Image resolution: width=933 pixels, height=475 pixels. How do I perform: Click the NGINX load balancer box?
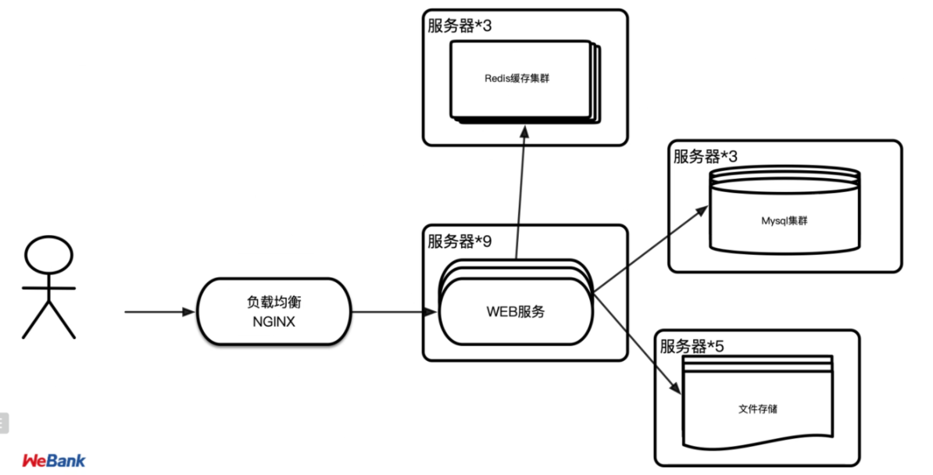coord(271,311)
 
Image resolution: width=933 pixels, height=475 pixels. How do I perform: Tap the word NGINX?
coord(272,321)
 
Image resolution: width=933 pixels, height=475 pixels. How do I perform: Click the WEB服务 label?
coord(515,312)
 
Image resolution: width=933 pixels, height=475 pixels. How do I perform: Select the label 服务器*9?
coord(459,241)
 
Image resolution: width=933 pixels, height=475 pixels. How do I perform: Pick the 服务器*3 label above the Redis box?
coord(459,26)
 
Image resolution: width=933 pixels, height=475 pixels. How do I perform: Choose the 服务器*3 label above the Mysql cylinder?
coord(706,156)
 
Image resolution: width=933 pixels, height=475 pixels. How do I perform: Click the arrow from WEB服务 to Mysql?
coord(649,251)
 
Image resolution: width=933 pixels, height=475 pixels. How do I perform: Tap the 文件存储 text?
coord(757,409)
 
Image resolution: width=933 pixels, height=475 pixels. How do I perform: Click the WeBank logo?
coord(53,460)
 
